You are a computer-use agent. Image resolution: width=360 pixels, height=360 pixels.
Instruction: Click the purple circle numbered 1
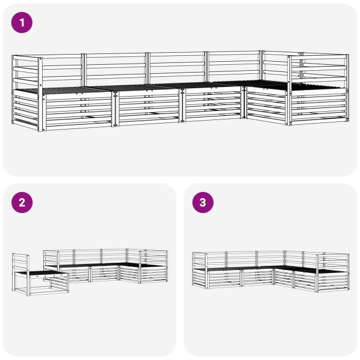pos(22,23)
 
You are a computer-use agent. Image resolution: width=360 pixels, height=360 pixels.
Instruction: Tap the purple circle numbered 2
pos(22,203)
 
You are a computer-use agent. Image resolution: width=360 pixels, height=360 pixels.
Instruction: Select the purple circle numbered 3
pos(202,203)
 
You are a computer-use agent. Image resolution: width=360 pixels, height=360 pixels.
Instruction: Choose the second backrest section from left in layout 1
pos(117,68)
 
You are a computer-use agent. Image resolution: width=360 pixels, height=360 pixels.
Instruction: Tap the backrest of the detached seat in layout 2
pos(20,262)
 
